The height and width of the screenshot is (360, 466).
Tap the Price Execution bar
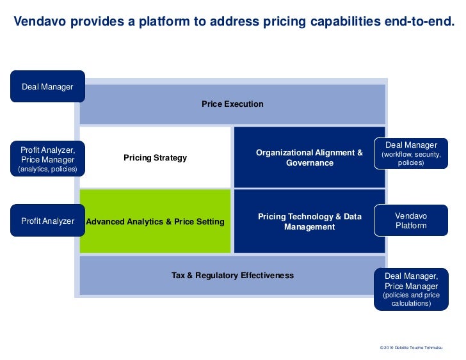coord(232,104)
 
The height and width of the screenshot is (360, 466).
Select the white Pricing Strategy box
coord(155,157)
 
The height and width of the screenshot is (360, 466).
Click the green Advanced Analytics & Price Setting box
coord(156,222)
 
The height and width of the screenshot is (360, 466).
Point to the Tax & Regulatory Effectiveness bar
coord(232,276)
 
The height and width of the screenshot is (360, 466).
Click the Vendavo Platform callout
coord(411,221)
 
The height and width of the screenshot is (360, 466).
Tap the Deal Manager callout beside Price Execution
coord(47,86)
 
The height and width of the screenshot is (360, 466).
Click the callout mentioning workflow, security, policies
coord(411,154)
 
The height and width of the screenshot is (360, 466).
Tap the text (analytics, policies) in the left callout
coord(47,169)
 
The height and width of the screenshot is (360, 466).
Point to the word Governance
coord(310,163)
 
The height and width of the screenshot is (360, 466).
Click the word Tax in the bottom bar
coord(179,276)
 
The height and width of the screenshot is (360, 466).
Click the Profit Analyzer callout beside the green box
coord(47,221)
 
